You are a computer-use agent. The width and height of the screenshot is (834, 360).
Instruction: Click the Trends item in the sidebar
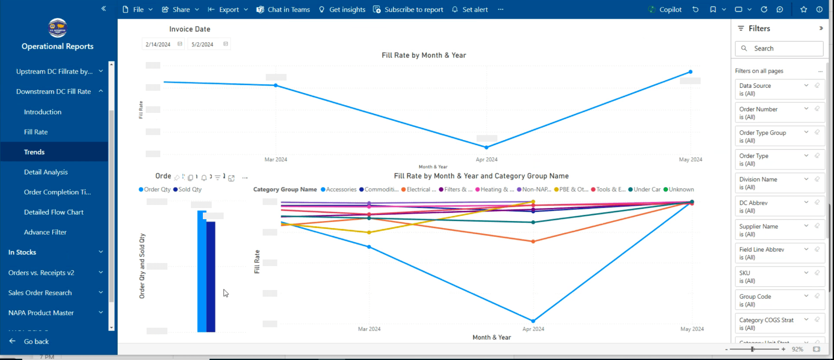click(x=35, y=152)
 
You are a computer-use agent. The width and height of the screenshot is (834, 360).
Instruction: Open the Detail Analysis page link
click(x=46, y=172)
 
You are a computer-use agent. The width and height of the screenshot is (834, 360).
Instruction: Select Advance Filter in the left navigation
click(x=45, y=232)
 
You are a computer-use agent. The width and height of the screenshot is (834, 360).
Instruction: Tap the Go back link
click(x=36, y=341)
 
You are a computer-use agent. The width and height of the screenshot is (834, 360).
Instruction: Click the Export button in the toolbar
click(x=229, y=9)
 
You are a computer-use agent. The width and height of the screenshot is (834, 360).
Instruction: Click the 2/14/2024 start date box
click(x=158, y=44)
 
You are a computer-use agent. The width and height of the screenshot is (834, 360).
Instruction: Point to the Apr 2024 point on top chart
click(x=486, y=147)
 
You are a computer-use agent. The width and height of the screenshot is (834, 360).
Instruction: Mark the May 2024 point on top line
click(x=690, y=72)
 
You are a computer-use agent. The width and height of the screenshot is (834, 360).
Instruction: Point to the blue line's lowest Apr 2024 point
click(x=533, y=321)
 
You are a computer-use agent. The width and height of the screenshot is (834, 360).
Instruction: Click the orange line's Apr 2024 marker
click(x=533, y=241)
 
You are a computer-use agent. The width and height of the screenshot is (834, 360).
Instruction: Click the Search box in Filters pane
click(x=780, y=49)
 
